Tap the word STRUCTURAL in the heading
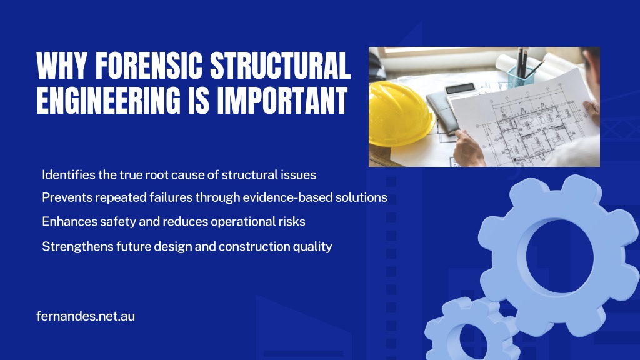click(x=281, y=65)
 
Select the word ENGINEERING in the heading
click(x=108, y=100)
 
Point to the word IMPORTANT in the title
click(x=282, y=100)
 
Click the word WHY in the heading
click(x=62, y=65)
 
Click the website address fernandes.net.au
click(x=86, y=316)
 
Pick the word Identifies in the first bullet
click(x=69, y=175)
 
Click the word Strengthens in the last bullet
click(x=77, y=246)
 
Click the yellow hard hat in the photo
click(x=400, y=113)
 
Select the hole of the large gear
click(x=559, y=256)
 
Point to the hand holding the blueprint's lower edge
click(x=469, y=147)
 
